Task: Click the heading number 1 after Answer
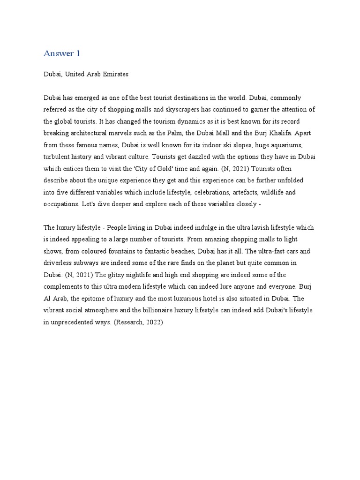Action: point(78,53)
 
